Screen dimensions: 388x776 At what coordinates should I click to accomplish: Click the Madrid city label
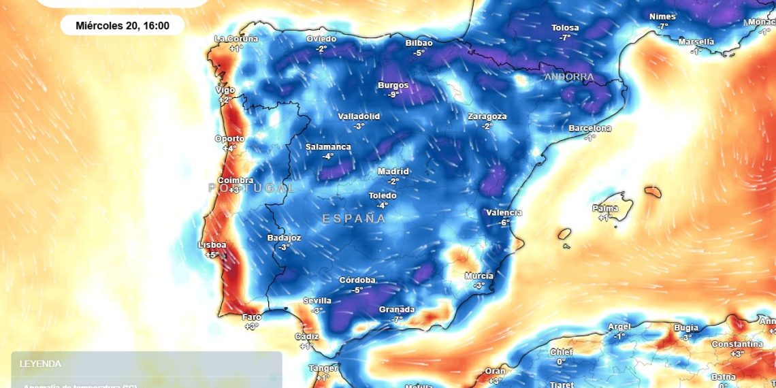click(x=393, y=172)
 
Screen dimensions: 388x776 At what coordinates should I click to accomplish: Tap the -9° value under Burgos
click(x=393, y=95)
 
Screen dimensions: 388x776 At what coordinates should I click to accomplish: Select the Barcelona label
click(x=589, y=128)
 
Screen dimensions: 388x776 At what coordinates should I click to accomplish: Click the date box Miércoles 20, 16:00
click(x=122, y=26)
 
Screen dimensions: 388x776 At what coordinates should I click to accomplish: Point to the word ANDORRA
click(x=568, y=77)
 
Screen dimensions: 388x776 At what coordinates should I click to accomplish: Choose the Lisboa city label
click(x=212, y=245)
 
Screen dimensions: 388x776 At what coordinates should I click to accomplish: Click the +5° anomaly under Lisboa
click(x=212, y=255)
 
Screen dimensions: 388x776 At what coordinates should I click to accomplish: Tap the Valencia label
click(x=504, y=213)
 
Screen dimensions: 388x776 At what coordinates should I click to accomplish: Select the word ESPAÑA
click(x=354, y=219)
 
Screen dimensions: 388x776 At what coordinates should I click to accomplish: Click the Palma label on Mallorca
click(x=605, y=208)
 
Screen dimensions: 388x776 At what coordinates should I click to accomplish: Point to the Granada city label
click(x=396, y=310)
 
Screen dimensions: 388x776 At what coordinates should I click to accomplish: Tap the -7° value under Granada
click(x=396, y=319)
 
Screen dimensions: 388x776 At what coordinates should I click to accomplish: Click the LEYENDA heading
click(x=40, y=364)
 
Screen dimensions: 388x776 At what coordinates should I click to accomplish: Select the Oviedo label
click(x=321, y=39)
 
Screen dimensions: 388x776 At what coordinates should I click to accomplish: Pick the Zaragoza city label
click(x=487, y=116)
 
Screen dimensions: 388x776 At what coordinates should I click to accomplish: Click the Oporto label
click(x=229, y=139)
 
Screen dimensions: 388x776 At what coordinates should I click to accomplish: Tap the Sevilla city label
click(x=317, y=300)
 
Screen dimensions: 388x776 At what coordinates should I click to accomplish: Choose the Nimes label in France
click(x=662, y=16)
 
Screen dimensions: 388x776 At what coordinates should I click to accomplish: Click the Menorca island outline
click(x=653, y=193)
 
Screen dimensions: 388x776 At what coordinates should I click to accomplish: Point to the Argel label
click(x=619, y=327)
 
